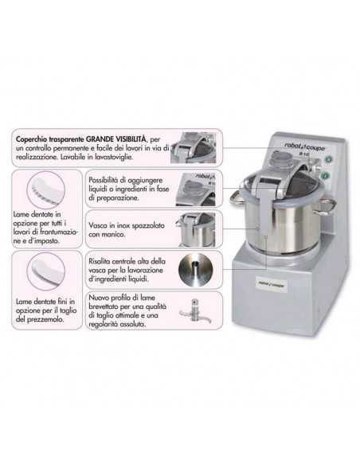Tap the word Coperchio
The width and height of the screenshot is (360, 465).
pos(38,139)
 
